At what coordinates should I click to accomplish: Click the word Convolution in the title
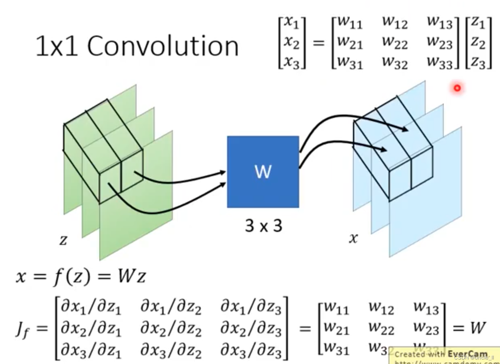(x=163, y=46)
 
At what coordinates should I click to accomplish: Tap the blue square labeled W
(x=263, y=172)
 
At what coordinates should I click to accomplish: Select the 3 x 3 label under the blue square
(x=263, y=226)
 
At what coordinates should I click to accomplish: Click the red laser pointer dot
(x=457, y=88)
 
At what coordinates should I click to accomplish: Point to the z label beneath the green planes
(x=63, y=240)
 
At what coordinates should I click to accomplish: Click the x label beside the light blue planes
(x=353, y=238)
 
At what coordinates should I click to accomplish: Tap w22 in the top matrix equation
(x=395, y=43)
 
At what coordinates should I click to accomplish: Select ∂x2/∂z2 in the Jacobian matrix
(x=171, y=329)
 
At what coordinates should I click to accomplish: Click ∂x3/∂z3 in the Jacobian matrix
(x=250, y=350)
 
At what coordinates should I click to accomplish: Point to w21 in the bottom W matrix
(x=336, y=328)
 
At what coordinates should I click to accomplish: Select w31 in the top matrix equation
(x=350, y=63)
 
